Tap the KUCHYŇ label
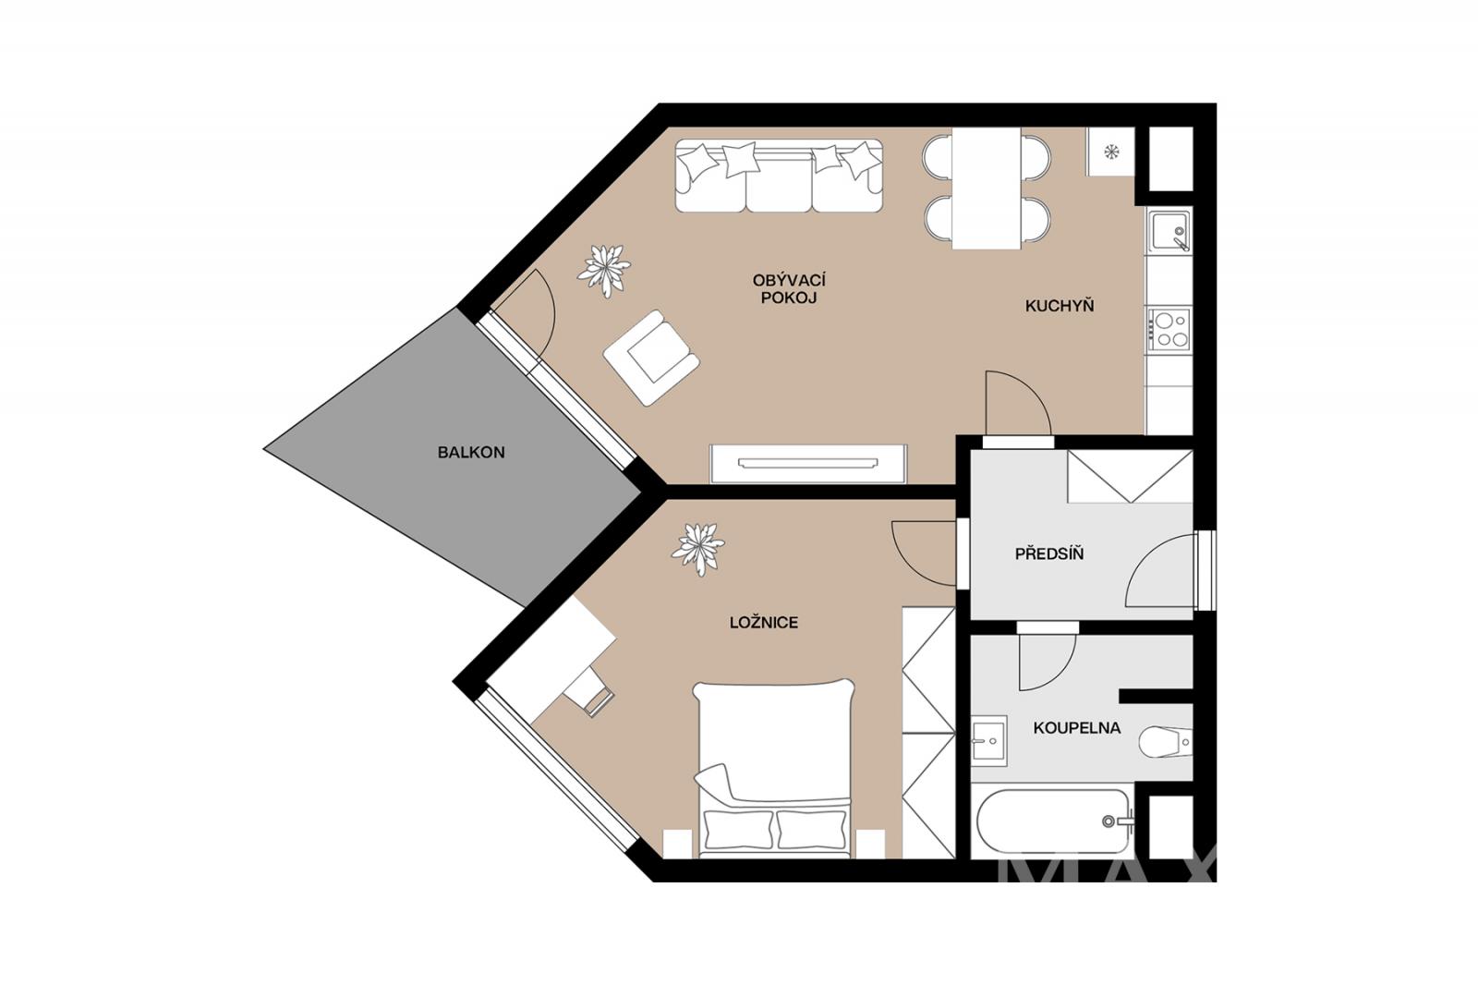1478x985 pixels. (1060, 306)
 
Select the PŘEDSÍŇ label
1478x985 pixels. (1049, 553)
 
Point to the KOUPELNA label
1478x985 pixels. (1077, 728)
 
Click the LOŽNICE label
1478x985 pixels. (764, 622)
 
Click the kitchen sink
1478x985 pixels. (1169, 231)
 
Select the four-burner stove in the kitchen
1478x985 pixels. (1169, 329)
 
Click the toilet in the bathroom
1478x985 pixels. (1165, 742)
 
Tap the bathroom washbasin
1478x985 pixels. (989, 741)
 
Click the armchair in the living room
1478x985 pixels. (651, 358)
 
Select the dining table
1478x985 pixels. (987, 188)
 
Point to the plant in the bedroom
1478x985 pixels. (698, 549)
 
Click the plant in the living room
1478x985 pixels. (604, 271)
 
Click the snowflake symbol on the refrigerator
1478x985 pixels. (1112, 152)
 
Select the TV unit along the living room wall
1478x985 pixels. (808, 464)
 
